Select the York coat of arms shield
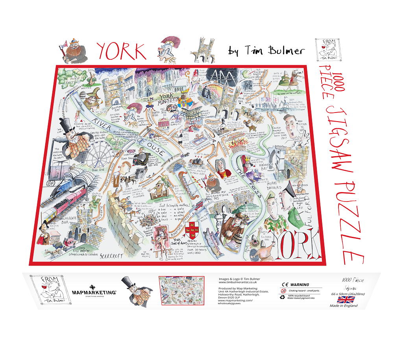pos(190,227)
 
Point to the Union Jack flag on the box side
pos(346,299)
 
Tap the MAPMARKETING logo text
pos(94,293)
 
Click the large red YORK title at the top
pos(121,51)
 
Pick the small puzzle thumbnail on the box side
pos(181,290)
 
